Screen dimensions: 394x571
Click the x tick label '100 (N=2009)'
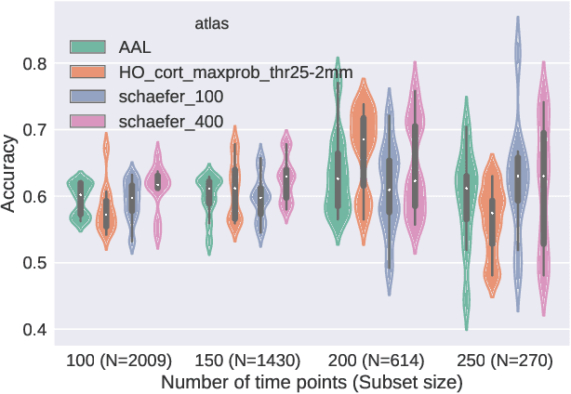click(x=118, y=360)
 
